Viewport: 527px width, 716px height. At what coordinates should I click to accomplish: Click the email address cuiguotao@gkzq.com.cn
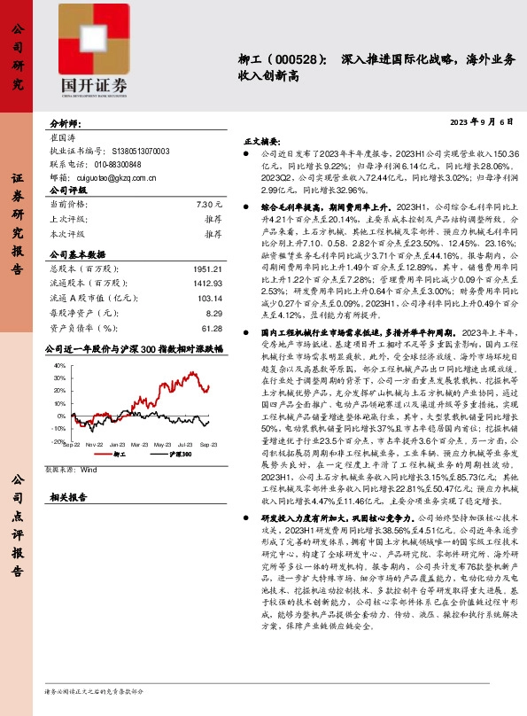pos(105,177)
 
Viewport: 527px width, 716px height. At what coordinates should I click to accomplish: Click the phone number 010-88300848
pos(97,165)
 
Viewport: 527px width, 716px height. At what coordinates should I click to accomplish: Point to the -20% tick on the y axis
pos(58,440)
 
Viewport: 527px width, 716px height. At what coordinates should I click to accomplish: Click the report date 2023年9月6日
pos(483,121)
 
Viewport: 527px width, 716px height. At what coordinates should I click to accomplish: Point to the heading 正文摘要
pos(262,140)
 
